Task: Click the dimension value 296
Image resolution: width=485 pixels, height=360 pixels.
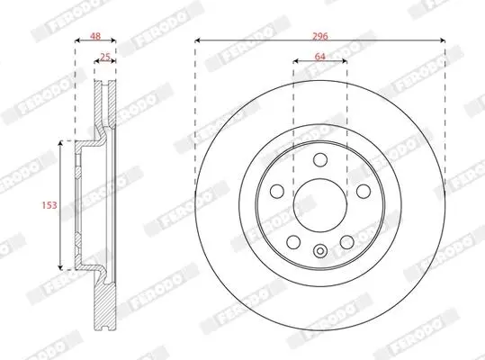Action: (x=319, y=36)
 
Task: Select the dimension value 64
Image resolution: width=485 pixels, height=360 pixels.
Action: (x=319, y=57)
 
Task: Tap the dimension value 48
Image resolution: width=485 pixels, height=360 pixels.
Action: (x=95, y=36)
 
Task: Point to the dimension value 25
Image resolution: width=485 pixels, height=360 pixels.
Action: (x=105, y=57)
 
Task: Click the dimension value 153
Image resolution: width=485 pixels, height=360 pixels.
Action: (x=49, y=205)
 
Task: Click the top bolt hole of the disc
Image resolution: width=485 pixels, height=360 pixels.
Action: (x=320, y=159)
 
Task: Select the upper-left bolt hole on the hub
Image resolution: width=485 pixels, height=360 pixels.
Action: (x=277, y=191)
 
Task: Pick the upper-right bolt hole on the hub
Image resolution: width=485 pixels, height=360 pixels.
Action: (x=364, y=191)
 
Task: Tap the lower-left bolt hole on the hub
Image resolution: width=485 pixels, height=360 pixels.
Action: (x=293, y=242)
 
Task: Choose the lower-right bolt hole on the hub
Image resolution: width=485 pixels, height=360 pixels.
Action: (x=346, y=242)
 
